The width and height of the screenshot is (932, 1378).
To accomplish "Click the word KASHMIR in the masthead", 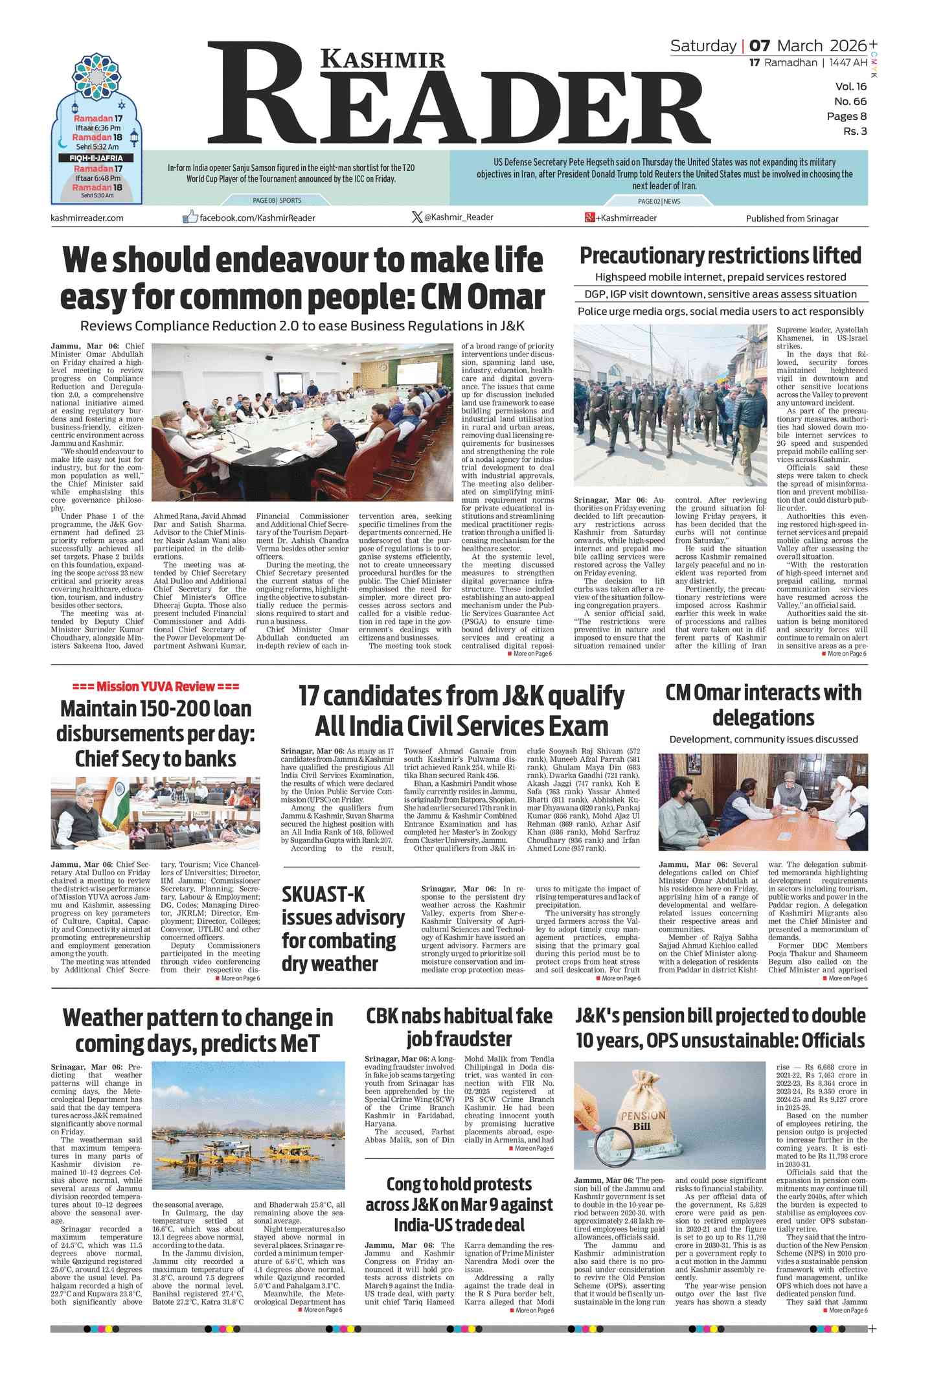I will [383, 60].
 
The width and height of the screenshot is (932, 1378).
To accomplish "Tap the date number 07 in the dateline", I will [760, 46].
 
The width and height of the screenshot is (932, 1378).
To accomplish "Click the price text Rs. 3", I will [854, 132].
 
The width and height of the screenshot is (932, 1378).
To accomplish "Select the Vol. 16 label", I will [850, 87].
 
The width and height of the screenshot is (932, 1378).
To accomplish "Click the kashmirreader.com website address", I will [87, 218].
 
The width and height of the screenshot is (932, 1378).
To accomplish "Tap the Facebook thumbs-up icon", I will [190, 217].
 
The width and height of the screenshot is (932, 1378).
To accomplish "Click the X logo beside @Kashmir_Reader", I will [417, 217].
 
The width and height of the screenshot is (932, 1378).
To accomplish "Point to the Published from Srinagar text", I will [791, 218].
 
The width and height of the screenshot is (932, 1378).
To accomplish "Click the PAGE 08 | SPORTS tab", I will [277, 201].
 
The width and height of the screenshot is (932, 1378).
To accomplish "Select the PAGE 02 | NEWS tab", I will [659, 201].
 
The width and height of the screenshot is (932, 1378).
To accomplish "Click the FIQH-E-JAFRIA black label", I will [96, 158].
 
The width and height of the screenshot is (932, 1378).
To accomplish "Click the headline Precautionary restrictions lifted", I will [720, 256].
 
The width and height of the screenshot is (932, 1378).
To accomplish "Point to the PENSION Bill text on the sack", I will [643, 1121].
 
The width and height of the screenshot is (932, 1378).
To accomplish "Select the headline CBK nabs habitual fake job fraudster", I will [459, 1027].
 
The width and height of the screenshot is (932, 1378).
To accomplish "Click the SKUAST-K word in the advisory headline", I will [323, 895].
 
